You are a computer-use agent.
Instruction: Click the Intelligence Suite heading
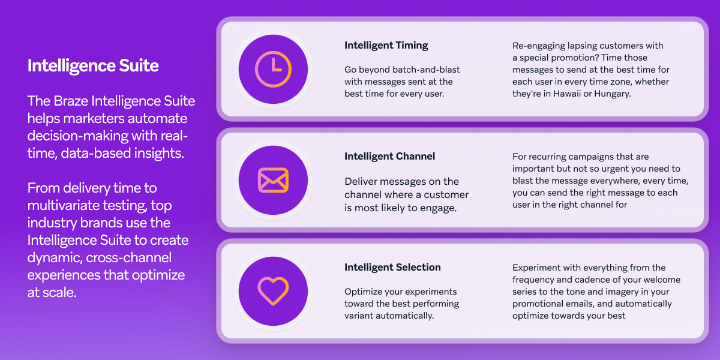pyautogui.click(x=93, y=65)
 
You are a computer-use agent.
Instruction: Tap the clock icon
pyautogui.click(x=273, y=69)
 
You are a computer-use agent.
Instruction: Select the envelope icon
pyautogui.click(x=273, y=180)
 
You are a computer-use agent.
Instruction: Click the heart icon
pyautogui.click(x=273, y=291)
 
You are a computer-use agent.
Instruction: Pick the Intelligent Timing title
pyautogui.click(x=386, y=45)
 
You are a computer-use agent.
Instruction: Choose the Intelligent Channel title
pyautogui.click(x=389, y=156)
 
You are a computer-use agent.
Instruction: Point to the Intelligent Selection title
pyautogui.click(x=392, y=267)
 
